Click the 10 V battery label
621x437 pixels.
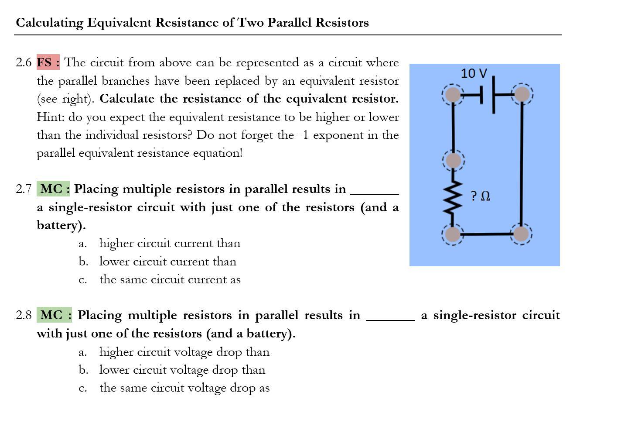click(x=474, y=73)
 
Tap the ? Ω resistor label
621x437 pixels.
click(x=480, y=196)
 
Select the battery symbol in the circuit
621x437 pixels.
click(x=488, y=94)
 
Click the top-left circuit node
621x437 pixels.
click(x=453, y=94)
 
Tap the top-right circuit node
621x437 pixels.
click(x=522, y=94)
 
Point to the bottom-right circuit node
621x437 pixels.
click(x=521, y=234)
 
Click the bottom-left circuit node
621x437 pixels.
click(x=453, y=234)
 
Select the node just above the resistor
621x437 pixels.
click(x=454, y=161)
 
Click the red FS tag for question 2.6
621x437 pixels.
click(x=48, y=62)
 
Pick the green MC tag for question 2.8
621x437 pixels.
click(x=55, y=315)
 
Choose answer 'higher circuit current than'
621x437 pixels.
click(x=170, y=243)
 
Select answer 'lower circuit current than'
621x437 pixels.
click(x=167, y=262)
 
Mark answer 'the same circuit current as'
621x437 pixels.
click(x=170, y=279)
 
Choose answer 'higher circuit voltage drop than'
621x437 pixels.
click(x=184, y=352)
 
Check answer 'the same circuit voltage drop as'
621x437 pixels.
click(x=184, y=388)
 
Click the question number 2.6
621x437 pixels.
click(x=24, y=62)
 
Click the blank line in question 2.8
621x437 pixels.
click(x=390, y=319)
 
